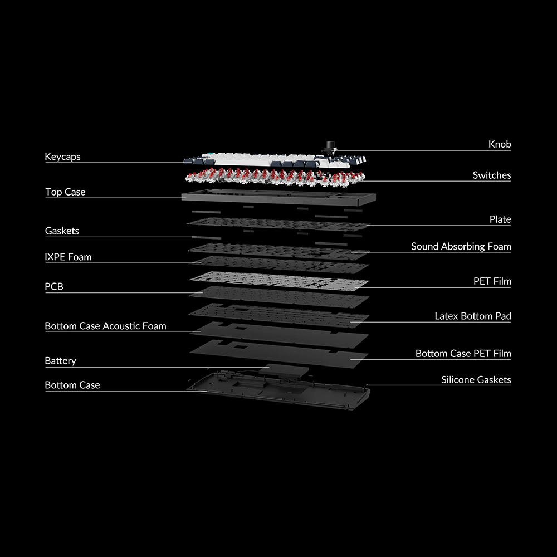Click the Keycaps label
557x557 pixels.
pos(62,157)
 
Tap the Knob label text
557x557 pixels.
pos(500,144)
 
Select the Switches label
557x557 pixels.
pos(491,175)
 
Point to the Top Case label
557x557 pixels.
pos(65,192)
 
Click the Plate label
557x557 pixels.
pos(500,219)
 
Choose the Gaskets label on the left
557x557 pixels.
pos(62,231)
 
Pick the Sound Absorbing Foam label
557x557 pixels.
pos(461,246)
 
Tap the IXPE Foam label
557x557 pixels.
pos(68,257)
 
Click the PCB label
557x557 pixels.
pos(54,287)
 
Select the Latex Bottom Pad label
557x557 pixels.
pos(472,316)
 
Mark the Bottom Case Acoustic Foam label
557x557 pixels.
pos(105,326)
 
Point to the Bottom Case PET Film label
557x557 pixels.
pos(463,354)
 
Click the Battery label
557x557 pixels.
pos(60,361)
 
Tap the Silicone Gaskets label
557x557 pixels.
pos(476,380)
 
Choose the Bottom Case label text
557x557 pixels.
pos(72,385)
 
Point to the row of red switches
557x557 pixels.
pos(273,177)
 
